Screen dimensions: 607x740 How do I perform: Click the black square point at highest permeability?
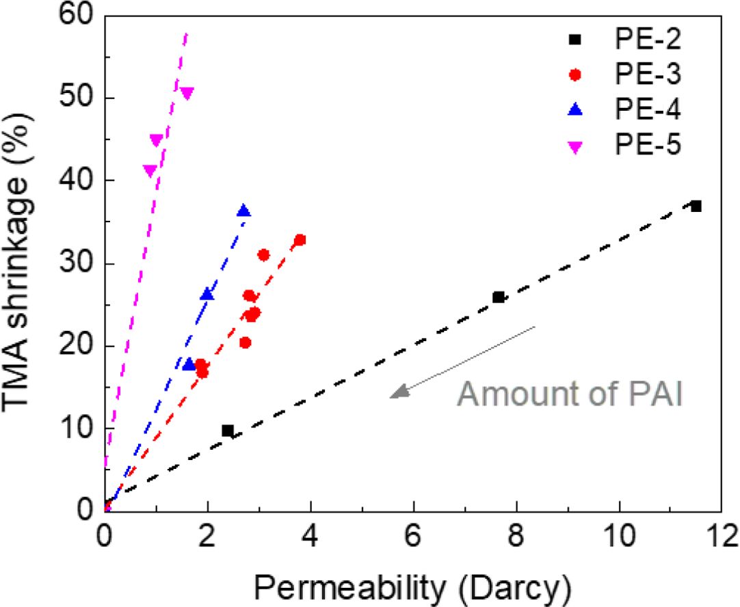click(696, 206)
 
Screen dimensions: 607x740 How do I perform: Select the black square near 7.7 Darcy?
click(499, 297)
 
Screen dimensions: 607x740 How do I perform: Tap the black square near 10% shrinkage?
click(228, 431)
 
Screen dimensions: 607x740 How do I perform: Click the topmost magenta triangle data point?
click(187, 93)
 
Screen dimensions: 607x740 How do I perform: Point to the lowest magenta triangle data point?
click(150, 170)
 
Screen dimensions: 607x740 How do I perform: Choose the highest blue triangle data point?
click(243, 211)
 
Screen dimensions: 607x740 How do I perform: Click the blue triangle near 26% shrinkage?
click(207, 295)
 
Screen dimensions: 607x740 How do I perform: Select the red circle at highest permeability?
click(300, 240)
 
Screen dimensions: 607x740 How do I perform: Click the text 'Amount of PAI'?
click(570, 394)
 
